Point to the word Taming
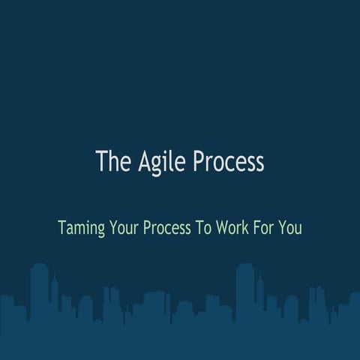pyautogui.click(x=82, y=227)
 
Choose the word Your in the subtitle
pyautogui.click(x=127, y=227)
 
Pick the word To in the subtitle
pyautogui.click(x=205, y=227)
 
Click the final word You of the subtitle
pyautogui.click(x=291, y=227)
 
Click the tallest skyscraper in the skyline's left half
pyautogui.click(x=40, y=292)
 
